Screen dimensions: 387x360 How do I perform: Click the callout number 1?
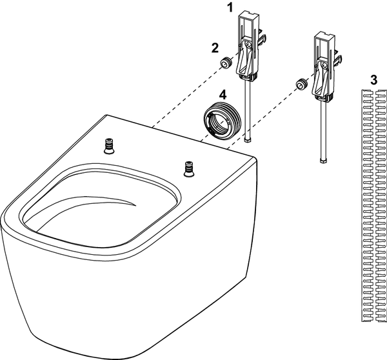230,7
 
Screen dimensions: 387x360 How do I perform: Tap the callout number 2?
215,48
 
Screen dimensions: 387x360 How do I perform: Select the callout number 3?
373,80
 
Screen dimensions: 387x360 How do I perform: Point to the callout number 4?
223,95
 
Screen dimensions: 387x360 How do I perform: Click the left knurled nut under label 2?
226,63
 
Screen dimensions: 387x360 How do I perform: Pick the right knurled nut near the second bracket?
302,85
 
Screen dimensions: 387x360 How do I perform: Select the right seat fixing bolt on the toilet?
188,169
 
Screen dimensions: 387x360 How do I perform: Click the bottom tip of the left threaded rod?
248,141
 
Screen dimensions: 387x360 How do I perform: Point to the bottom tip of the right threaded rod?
323,161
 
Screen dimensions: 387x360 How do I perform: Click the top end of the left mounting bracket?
248,14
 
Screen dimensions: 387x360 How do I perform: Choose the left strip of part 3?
368,119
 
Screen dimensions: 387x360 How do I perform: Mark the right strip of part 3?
381,119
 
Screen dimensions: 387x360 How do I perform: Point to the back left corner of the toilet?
106,115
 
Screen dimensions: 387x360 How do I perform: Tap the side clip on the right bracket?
339,59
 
